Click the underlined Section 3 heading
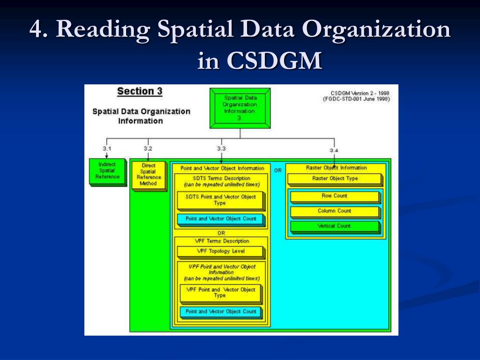tap(139, 91)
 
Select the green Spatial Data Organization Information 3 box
tap(240, 108)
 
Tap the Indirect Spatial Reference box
tap(107, 171)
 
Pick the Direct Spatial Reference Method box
tap(148, 174)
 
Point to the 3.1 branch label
tap(107, 149)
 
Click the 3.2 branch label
tap(148, 149)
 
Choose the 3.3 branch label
tap(221, 149)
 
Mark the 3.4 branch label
tap(334, 150)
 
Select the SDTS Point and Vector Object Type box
tap(221, 200)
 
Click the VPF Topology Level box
tap(220, 251)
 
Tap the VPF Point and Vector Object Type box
tap(220, 292)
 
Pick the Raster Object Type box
tap(335, 179)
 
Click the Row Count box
tap(334, 196)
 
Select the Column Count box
tap(334, 211)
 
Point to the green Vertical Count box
tap(334, 226)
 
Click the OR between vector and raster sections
tap(278, 170)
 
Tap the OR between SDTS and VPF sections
tap(221, 233)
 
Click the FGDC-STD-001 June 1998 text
tap(356, 99)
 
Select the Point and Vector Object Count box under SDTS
tap(221, 219)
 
